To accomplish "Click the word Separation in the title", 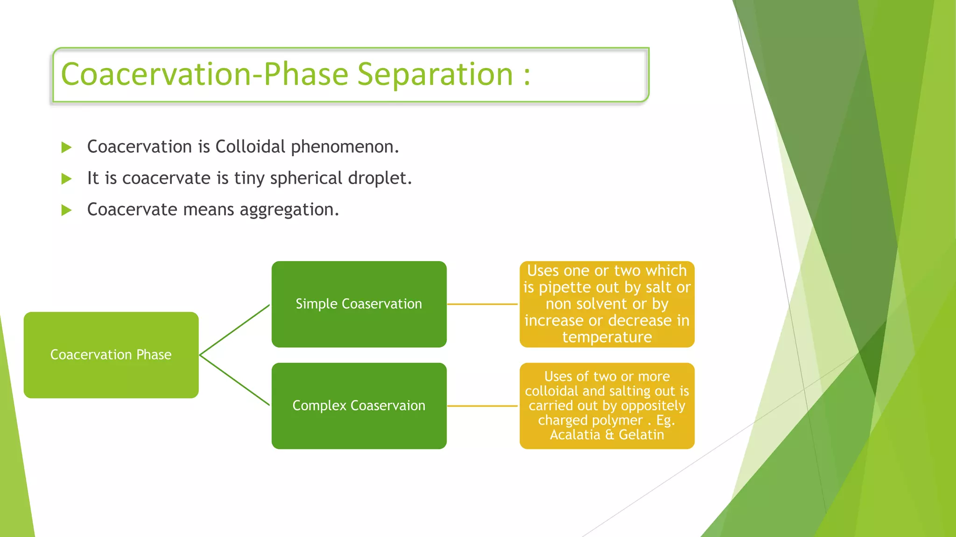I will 435,75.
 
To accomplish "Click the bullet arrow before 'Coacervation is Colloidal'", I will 66,148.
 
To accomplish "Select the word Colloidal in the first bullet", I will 250,147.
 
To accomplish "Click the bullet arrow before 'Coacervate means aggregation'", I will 66,210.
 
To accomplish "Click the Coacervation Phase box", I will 111,355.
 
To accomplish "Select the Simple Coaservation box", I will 358,304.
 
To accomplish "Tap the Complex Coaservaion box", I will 358,406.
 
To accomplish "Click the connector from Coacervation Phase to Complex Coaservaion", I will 234,380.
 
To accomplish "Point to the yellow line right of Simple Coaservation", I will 482,304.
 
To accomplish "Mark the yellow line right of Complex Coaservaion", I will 482,406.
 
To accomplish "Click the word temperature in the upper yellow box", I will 607,337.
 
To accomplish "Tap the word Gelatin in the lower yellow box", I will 641,435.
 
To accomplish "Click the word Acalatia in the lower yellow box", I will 575,435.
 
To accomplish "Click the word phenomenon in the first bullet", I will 344,147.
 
